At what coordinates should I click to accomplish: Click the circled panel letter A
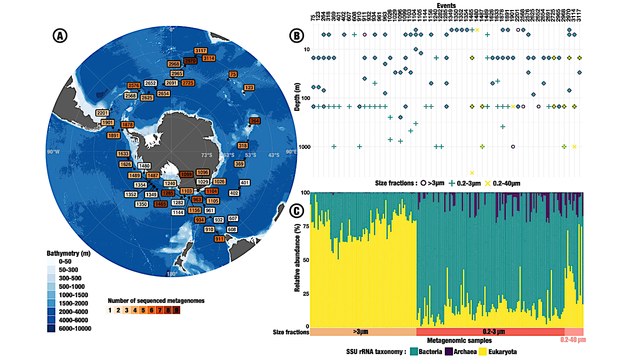tap(60, 36)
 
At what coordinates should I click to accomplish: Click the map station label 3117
tap(201, 51)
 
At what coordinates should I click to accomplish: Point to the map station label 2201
tap(103, 113)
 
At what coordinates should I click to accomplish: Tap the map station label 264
tap(255, 121)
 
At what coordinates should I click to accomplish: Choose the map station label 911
tap(219, 239)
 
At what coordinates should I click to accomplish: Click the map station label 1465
tap(161, 204)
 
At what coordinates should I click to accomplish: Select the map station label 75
tap(233, 75)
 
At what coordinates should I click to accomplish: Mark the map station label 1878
tap(127, 125)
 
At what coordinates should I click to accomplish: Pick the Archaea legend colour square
tap(449, 352)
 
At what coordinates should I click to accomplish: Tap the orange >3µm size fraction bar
tap(363, 332)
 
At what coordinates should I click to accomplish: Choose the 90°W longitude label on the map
tap(52, 151)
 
